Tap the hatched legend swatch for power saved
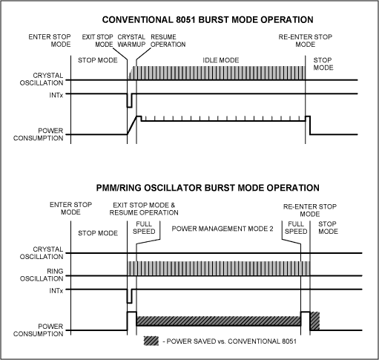pyautogui.click(x=154, y=343)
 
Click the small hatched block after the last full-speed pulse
pyautogui.click(x=314, y=321)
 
